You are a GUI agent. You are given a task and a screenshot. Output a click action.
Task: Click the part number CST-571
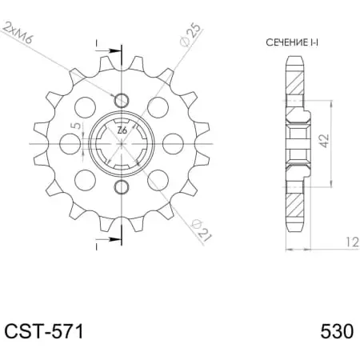[44, 331]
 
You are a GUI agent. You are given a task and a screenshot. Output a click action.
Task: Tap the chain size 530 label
[337, 331]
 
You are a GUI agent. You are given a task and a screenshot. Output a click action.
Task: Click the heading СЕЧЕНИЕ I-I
[292, 42]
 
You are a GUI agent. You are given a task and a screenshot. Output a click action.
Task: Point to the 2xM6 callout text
[18, 33]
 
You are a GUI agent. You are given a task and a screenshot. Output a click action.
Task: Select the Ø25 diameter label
[190, 35]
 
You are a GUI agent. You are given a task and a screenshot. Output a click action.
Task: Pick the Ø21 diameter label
[202, 229]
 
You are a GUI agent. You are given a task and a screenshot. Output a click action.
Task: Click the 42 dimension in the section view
[324, 141]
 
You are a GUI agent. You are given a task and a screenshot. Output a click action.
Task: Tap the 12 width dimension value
[352, 242]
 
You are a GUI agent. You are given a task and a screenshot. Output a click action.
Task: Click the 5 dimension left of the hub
[77, 126]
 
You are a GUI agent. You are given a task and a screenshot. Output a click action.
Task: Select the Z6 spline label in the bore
[122, 130]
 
